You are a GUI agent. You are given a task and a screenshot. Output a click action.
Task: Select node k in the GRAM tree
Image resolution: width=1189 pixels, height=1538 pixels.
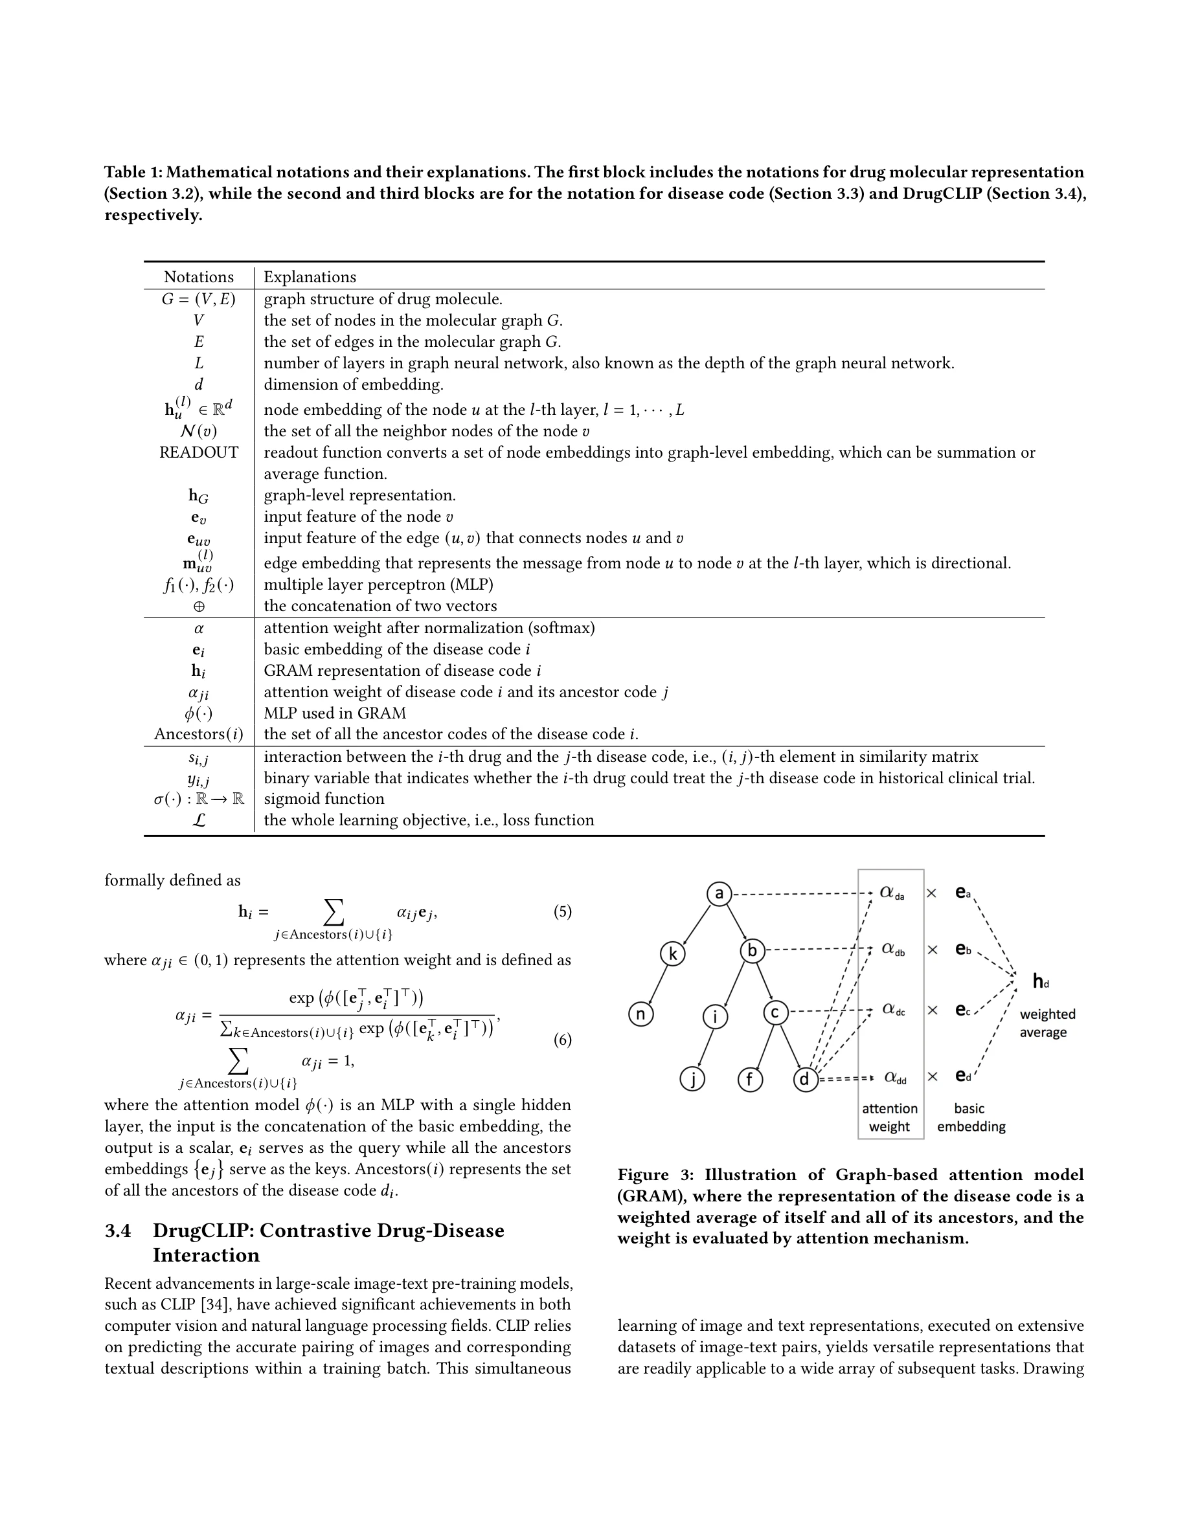pyautogui.click(x=673, y=954)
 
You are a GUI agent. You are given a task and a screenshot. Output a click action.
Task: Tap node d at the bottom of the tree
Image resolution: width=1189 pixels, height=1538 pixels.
pyautogui.click(x=805, y=1079)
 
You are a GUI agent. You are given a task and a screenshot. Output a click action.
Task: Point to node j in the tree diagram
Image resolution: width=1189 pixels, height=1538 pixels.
pyautogui.click(x=692, y=1079)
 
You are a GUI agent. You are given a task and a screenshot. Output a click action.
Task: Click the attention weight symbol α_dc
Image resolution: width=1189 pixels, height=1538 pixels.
pyautogui.click(x=893, y=1010)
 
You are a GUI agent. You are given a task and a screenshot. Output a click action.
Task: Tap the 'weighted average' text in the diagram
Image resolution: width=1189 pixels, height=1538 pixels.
pyautogui.click(x=1047, y=1023)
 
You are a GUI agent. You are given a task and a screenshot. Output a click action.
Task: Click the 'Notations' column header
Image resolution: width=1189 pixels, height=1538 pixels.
pyautogui.click(x=199, y=277)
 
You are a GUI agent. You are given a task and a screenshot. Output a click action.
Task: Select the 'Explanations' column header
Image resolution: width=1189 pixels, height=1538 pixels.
pyautogui.click(x=310, y=277)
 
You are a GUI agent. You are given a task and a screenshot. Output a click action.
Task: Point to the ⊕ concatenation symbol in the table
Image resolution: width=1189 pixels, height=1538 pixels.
pyautogui.click(x=199, y=607)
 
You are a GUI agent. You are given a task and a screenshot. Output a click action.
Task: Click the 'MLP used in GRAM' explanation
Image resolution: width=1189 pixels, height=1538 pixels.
pyautogui.click(x=335, y=713)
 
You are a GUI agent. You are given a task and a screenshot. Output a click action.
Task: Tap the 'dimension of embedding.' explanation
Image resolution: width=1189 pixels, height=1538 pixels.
pyautogui.click(x=354, y=384)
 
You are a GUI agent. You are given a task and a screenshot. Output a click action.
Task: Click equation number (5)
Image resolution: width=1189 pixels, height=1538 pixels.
pyautogui.click(x=562, y=912)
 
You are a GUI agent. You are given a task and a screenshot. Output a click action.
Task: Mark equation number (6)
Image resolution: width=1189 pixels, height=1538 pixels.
pyautogui.click(x=562, y=1040)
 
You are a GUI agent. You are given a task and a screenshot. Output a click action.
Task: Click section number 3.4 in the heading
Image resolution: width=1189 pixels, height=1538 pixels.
pyautogui.click(x=118, y=1231)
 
